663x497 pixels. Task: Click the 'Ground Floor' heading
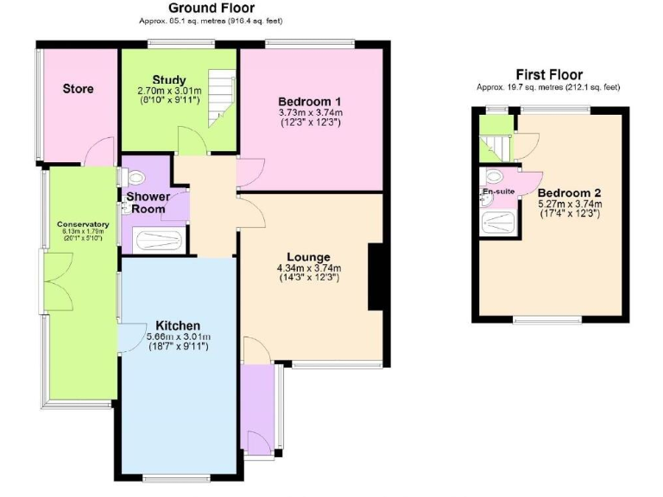[x=211, y=9]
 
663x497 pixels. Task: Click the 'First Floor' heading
[x=548, y=75]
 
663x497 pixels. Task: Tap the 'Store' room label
[x=78, y=89]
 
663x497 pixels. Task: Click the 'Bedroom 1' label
[x=310, y=100]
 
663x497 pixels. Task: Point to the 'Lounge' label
[x=309, y=256]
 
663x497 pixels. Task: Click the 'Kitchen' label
[x=179, y=325]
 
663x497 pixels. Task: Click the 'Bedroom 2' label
[x=569, y=192]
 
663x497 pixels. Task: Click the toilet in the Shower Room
[x=134, y=177]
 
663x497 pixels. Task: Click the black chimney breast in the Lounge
[x=376, y=276]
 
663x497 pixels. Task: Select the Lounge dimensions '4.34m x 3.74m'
[x=309, y=267]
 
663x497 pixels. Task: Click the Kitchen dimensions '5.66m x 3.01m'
[x=179, y=337]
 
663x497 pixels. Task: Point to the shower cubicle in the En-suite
[x=498, y=222]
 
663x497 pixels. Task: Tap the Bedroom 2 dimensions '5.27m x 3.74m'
[x=569, y=204]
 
